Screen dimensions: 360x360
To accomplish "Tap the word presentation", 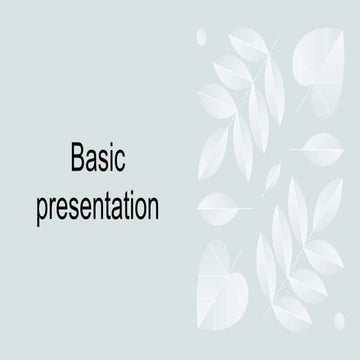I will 97,207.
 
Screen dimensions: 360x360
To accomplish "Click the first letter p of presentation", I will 42,210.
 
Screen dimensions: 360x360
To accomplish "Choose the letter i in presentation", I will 129,205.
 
